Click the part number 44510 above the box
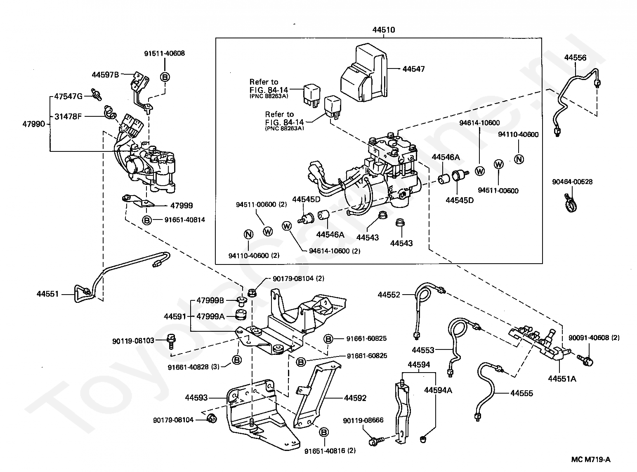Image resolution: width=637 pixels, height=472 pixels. tap(384, 30)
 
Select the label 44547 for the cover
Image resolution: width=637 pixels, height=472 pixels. tap(413, 69)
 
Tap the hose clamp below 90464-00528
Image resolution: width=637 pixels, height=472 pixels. tap(571, 203)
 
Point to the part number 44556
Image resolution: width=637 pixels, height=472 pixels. tap(575, 57)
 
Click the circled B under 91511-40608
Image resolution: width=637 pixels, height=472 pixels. tap(165, 77)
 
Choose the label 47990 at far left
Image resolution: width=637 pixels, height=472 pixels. tap(33, 124)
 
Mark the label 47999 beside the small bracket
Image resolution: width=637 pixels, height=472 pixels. tap(182, 206)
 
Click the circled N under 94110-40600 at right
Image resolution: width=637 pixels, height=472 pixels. tap(519, 159)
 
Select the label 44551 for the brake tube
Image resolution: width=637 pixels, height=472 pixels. tap(48, 294)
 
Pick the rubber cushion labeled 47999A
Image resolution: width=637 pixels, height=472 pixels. tap(241, 315)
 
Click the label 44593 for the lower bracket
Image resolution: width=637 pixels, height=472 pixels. tap(196, 398)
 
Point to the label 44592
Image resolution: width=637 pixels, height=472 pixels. tap(355, 398)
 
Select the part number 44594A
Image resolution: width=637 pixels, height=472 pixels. tap(438, 390)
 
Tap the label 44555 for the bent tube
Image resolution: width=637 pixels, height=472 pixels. tap(521, 393)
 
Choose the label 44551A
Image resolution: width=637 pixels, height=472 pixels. tap(562, 379)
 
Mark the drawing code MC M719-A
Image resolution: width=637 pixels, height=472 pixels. tap(591, 460)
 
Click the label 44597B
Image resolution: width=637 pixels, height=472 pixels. tap(105, 75)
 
